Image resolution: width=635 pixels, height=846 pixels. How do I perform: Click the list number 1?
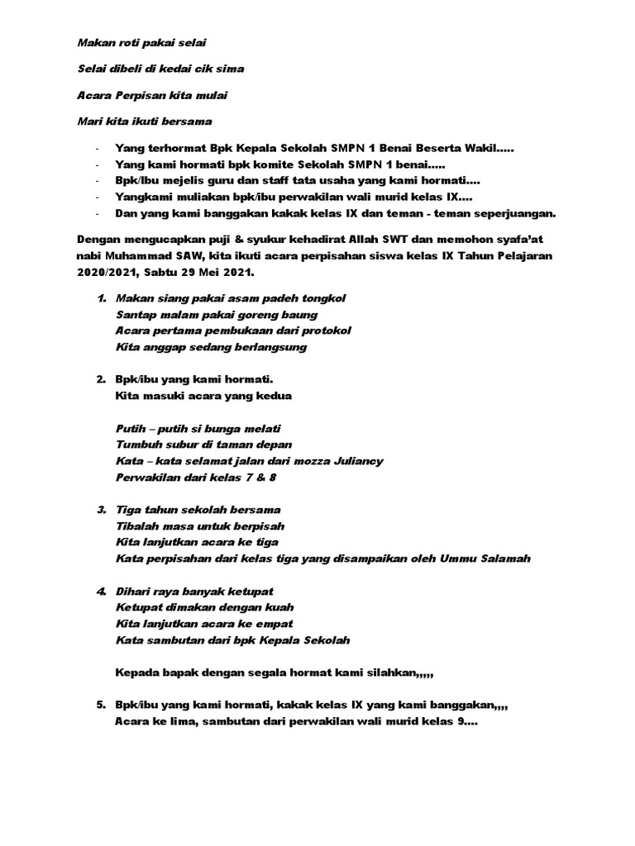pyautogui.click(x=100, y=297)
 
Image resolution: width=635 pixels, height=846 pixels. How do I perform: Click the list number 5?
pyautogui.click(x=100, y=705)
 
